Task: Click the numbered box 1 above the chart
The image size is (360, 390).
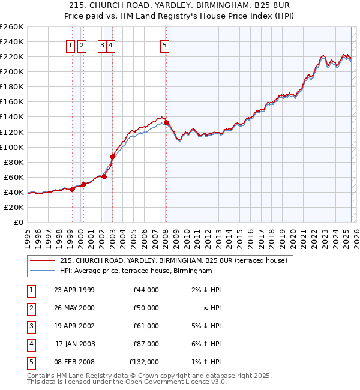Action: point(71,45)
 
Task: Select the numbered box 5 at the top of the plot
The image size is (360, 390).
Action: point(165,45)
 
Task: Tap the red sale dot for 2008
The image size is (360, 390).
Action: point(166,122)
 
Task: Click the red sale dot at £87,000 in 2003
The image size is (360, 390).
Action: point(112,157)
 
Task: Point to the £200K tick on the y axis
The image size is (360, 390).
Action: point(11,71)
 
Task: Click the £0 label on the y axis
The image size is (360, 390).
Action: point(18,222)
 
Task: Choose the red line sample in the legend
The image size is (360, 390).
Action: point(42,260)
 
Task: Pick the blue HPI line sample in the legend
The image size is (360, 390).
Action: point(42,271)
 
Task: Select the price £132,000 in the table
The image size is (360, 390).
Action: point(144,362)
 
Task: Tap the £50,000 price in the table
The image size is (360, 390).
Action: point(146,308)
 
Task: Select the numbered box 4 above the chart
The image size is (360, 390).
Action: point(112,45)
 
